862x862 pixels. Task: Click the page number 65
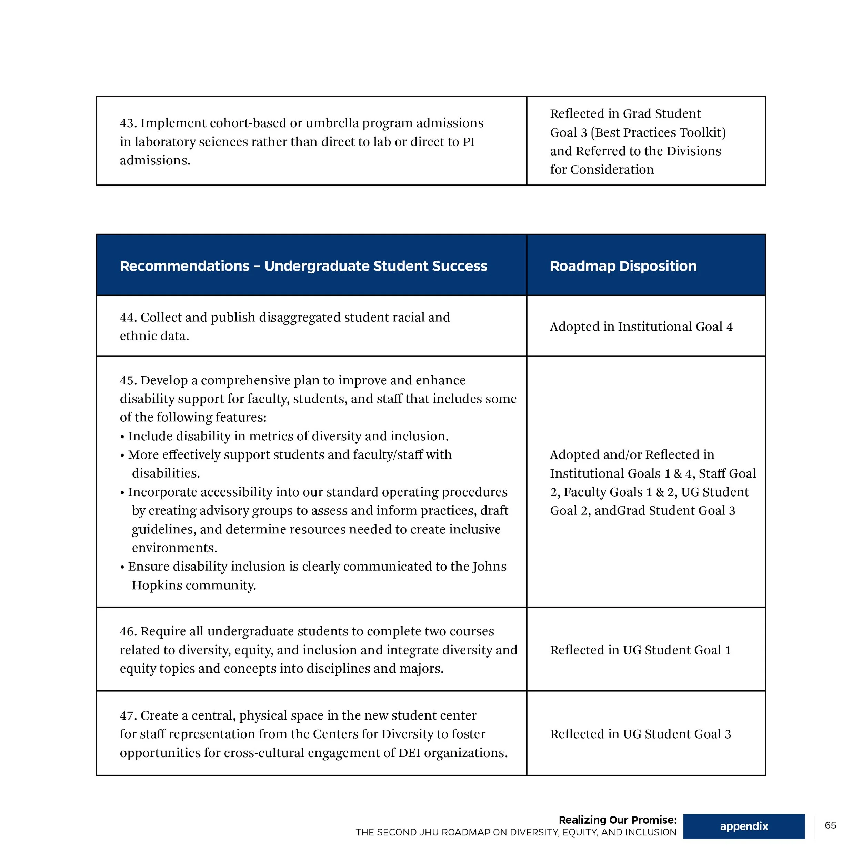(830, 825)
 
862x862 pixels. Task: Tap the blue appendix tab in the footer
(744, 826)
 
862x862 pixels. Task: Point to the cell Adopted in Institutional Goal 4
(641, 327)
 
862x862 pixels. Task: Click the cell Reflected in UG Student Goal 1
(641, 650)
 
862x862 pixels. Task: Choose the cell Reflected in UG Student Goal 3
(641, 734)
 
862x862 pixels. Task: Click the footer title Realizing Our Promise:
(618, 820)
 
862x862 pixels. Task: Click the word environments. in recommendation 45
(174, 548)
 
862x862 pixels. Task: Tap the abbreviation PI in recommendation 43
(469, 142)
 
